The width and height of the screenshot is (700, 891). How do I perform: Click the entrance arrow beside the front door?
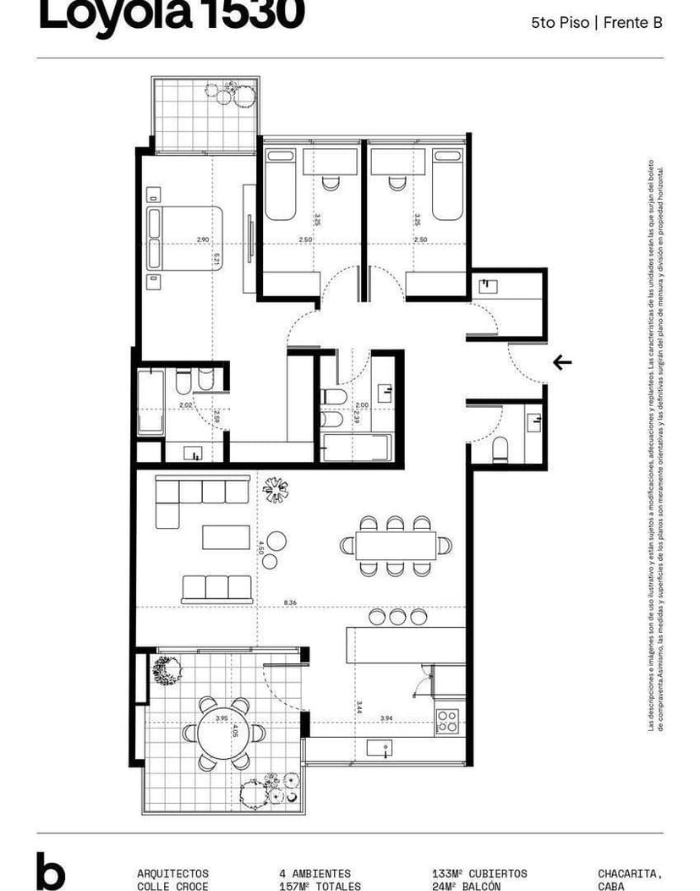(x=562, y=362)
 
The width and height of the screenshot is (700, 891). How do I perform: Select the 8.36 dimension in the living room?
(x=291, y=602)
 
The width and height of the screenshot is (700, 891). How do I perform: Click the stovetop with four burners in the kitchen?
(x=447, y=721)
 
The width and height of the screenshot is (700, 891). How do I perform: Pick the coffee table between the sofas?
(x=226, y=537)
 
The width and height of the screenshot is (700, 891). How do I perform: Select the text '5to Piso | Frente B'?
(x=596, y=24)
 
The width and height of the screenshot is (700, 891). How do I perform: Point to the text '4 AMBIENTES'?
(x=314, y=873)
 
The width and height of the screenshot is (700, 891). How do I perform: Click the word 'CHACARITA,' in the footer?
(x=630, y=873)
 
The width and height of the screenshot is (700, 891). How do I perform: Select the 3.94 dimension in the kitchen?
(x=387, y=718)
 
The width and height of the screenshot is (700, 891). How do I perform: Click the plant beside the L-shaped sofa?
(x=276, y=489)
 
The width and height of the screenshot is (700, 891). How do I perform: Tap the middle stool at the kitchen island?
(x=399, y=618)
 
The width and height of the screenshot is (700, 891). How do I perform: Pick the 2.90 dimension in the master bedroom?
(x=203, y=239)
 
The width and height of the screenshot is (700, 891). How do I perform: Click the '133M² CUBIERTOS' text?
(x=479, y=873)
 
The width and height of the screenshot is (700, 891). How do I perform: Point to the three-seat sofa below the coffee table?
(x=217, y=587)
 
